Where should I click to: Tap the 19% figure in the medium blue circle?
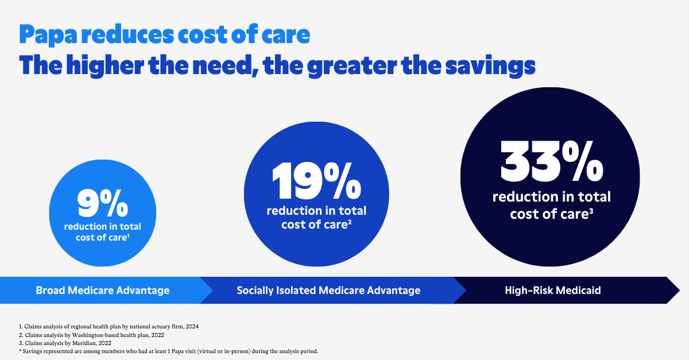pos(316,181)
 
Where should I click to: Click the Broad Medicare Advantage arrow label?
pos(103,291)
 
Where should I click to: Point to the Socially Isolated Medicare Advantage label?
pos(328,291)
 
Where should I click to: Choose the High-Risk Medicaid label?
pos(552,291)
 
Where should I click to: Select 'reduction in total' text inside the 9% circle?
pos(102,227)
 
